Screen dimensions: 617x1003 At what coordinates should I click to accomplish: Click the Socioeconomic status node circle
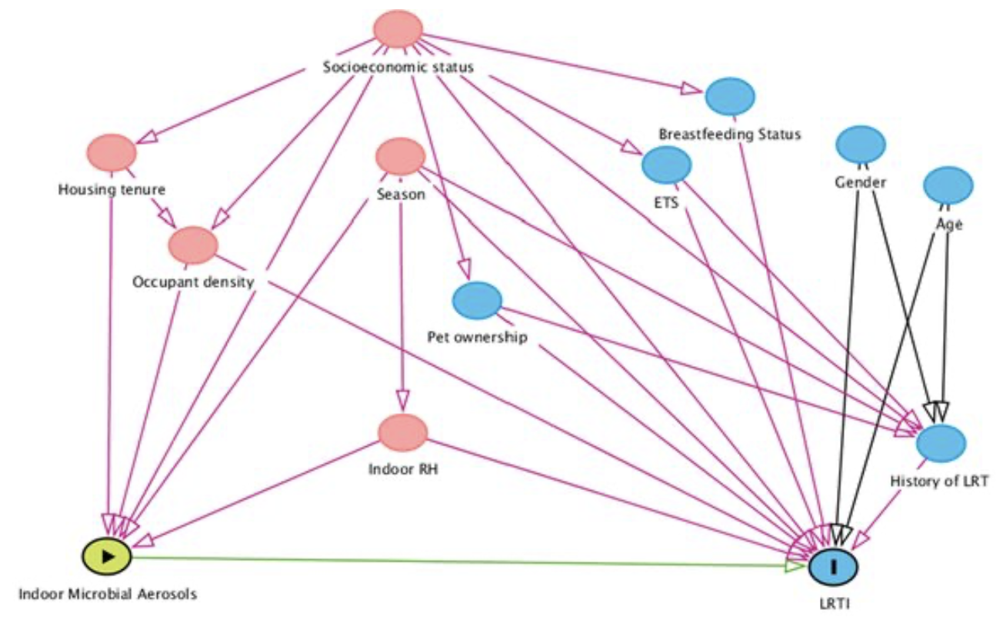click(398, 29)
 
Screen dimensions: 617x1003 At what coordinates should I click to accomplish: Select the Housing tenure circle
click(112, 152)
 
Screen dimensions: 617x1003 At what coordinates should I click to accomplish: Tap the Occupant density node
click(193, 245)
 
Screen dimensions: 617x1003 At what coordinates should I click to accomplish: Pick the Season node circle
click(399, 156)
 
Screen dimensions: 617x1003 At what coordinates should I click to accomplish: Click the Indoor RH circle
click(402, 432)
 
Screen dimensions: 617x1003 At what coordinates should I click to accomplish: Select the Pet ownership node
click(477, 301)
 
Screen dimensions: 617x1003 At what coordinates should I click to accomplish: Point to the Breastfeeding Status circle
click(729, 96)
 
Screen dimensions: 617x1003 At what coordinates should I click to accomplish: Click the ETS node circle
click(666, 164)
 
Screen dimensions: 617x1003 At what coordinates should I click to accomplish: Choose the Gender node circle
click(860, 144)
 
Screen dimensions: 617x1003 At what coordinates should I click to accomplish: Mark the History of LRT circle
click(941, 443)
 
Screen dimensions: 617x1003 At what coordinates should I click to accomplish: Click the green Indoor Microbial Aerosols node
click(107, 555)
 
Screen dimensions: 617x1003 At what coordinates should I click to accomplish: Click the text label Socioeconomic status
click(397, 68)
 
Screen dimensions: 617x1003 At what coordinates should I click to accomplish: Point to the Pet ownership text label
click(477, 337)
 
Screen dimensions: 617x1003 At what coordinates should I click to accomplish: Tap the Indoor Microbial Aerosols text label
click(107, 594)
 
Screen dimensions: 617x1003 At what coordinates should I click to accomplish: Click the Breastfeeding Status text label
click(729, 135)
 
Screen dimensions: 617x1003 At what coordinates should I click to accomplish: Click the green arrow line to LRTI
click(462, 561)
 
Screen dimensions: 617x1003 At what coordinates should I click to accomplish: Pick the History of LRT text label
click(938, 482)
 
